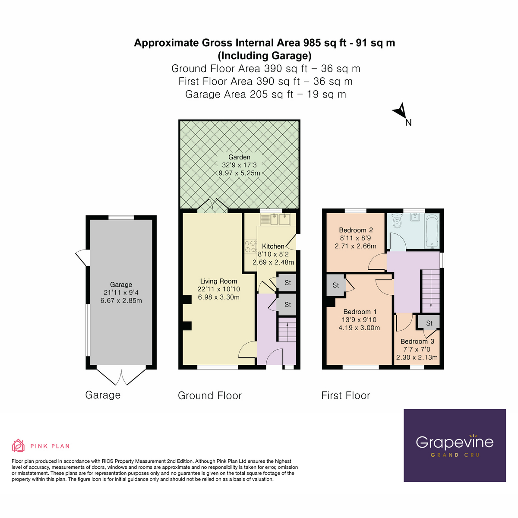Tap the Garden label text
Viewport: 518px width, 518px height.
239,157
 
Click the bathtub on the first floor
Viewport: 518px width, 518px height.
432,231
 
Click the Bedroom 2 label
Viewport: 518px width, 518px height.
356,230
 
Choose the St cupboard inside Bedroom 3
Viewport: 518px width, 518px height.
429,323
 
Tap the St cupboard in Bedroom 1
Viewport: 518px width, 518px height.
336,285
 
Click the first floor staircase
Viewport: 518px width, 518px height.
431,289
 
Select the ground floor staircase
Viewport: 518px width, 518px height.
286,330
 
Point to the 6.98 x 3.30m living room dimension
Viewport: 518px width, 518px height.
218,297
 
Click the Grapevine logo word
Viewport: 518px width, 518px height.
454,442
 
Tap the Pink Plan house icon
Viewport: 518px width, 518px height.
18,445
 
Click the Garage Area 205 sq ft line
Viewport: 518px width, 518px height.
265,95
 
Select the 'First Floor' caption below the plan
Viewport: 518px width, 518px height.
345,395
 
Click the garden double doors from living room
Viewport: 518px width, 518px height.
212,206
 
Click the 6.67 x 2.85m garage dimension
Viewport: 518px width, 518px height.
121,301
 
